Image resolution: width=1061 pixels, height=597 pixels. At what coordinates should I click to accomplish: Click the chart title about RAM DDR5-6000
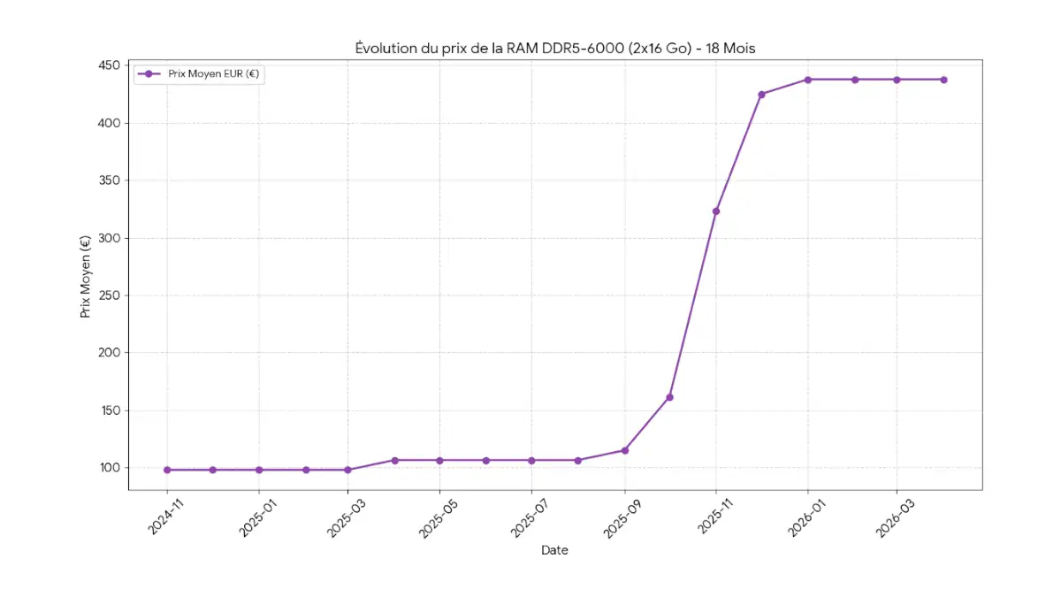click(x=554, y=48)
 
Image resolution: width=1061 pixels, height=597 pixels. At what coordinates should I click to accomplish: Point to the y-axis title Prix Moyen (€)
click(x=85, y=276)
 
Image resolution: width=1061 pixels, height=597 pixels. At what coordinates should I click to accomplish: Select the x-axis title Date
click(x=554, y=550)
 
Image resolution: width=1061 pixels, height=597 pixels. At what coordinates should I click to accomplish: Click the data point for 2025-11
click(x=716, y=210)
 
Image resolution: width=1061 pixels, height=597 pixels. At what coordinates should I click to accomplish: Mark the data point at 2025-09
click(x=625, y=450)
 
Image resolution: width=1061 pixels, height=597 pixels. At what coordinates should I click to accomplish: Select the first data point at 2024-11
click(x=167, y=470)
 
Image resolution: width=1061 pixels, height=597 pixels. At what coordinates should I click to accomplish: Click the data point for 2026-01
click(x=807, y=80)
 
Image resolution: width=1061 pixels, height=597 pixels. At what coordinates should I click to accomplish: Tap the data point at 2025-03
click(x=347, y=470)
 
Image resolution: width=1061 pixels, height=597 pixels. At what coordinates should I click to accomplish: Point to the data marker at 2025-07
click(x=531, y=460)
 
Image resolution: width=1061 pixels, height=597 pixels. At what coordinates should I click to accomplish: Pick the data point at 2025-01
click(x=259, y=470)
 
